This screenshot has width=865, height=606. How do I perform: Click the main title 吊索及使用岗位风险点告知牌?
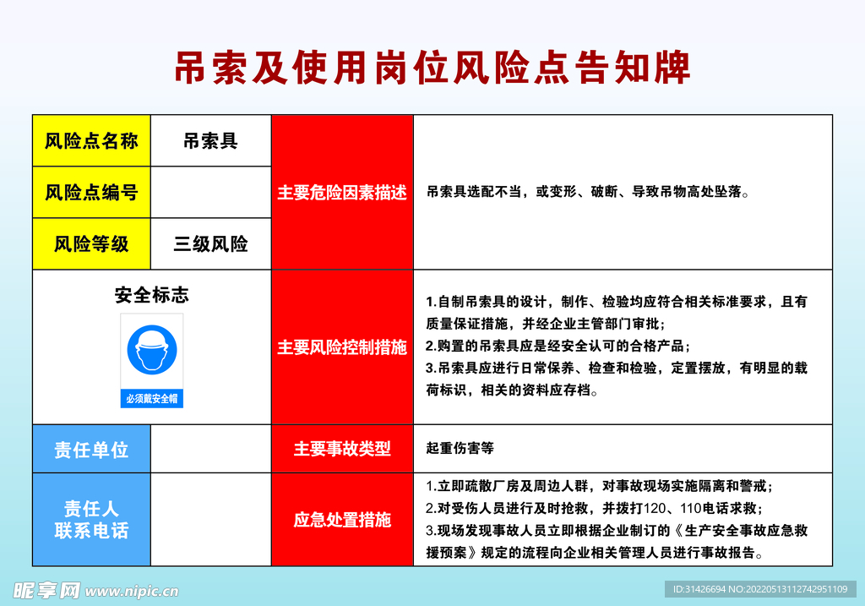point(432,68)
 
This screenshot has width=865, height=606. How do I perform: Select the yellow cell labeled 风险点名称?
point(91,141)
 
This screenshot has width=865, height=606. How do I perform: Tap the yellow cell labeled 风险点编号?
point(91,193)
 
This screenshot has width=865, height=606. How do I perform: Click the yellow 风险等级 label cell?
point(91,244)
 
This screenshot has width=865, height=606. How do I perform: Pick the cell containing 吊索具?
point(210,141)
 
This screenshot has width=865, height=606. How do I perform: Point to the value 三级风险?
point(210,244)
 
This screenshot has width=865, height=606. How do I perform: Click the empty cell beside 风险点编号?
point(210,193)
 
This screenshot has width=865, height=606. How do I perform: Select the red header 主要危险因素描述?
point(342,193)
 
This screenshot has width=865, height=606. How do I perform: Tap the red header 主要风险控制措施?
point(342,347)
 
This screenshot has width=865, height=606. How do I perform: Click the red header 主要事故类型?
point(342,449)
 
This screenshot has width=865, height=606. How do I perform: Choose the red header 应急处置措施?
point(342,520)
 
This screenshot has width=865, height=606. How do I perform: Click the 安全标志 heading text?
point(152,295)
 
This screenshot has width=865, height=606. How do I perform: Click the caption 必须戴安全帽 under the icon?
point(152,398)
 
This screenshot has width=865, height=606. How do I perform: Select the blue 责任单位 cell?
point(91,449)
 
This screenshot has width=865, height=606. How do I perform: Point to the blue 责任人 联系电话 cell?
point(91,520)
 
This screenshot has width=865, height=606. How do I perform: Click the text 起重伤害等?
point(460,449)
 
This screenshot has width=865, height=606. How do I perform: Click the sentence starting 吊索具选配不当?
point(588,193)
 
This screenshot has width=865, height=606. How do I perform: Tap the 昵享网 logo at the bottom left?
point(46,589)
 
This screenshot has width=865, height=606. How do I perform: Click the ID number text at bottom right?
point(760,589)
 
